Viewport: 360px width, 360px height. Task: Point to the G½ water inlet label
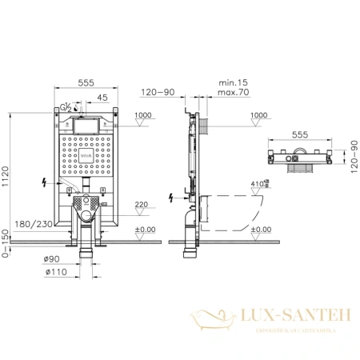(67, 106)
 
